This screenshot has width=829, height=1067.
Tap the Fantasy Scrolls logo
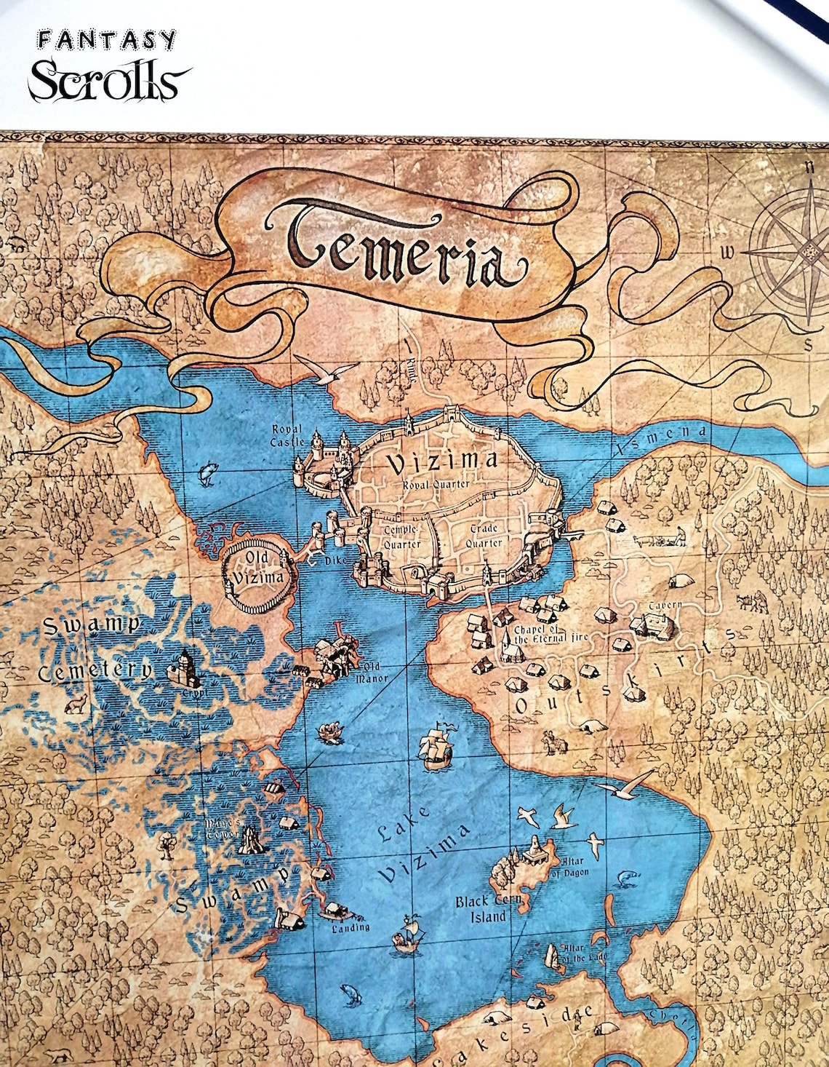[x=109, y=66]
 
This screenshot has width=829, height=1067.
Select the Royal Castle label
[x=287, y=435]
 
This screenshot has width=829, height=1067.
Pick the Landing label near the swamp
[x=351, y=928]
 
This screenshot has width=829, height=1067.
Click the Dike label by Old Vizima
[x=335, y=561]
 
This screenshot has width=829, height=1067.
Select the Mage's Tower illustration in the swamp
[x=251, y=839]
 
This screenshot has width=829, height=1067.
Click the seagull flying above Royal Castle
[x=321, y=370]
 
